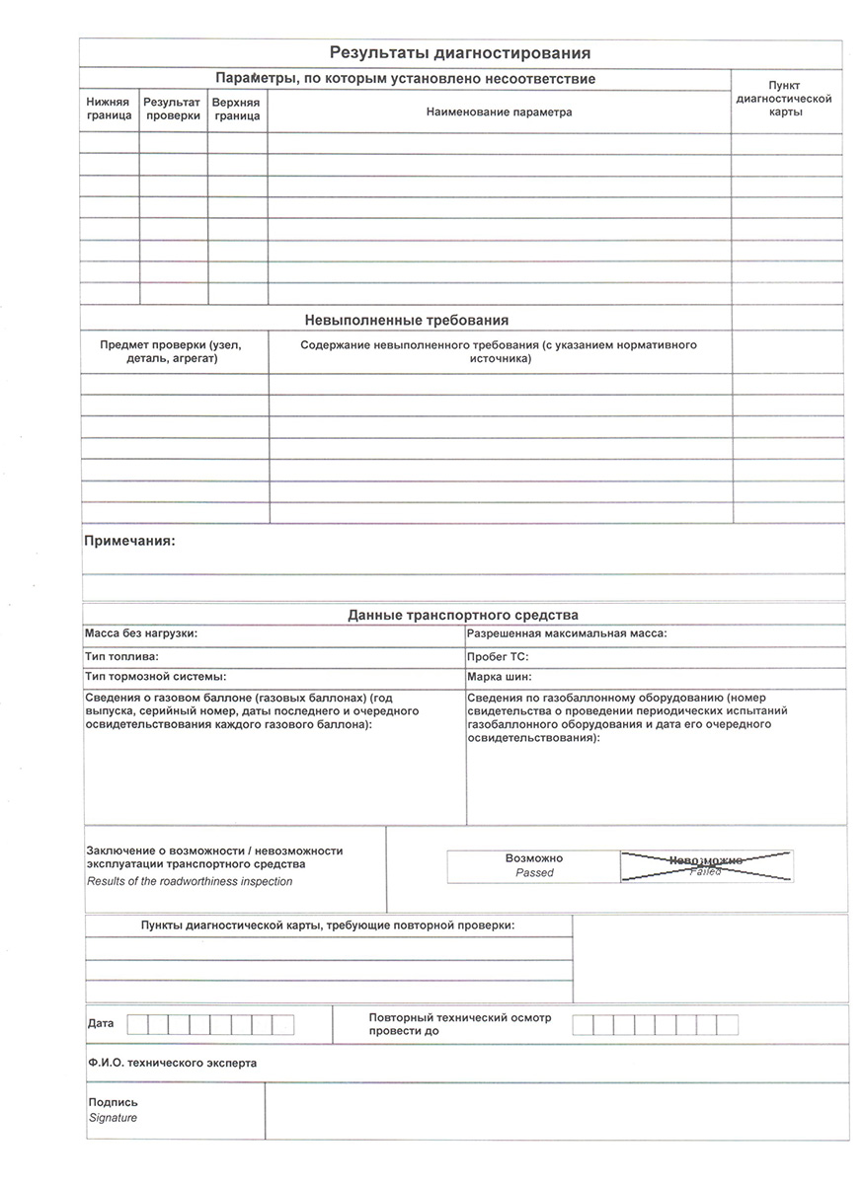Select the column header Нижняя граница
click(x=109, y=109)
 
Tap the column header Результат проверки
click(x=173, y=109)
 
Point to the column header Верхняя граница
click(x=237, y=109)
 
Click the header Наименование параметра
click(x=499, y=112)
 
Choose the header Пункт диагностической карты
click(x=785, y=99)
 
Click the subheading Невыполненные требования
click(x=406, y=320)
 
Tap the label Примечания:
click(x=129, y=541)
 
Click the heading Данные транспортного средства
click(x=463, y=615)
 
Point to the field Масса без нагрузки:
click(x=141, y=633)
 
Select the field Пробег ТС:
click(x=498, y=656)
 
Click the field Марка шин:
click(x=500, y=678)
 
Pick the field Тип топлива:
click(x=122, y=656)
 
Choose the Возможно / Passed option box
click(x=533, y=865)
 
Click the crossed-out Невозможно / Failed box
click(x=705, y=865)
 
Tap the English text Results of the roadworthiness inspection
click(x=190, y=881)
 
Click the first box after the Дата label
click(x=137, y=1024)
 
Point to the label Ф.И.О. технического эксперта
click(x=172, y=1064)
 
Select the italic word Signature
click(x=114, y=1118)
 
